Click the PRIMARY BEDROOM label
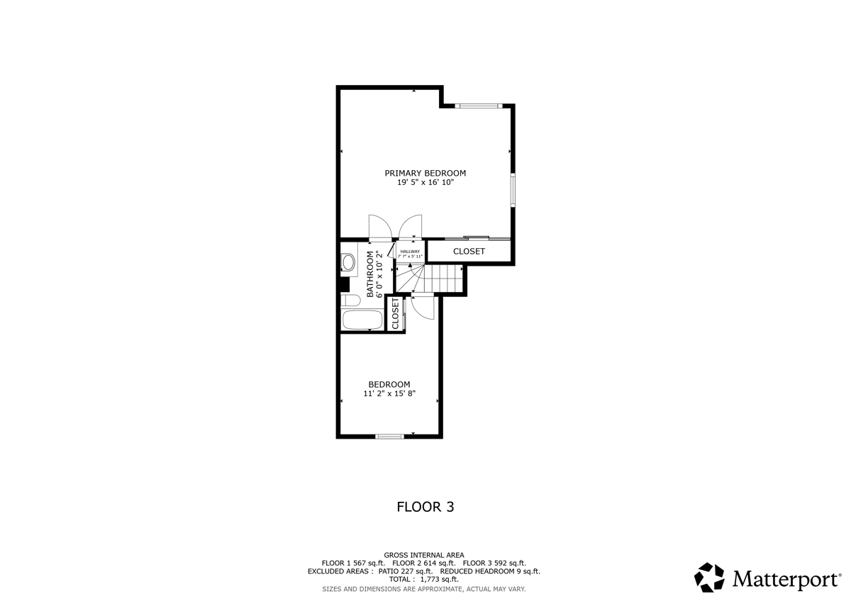pyautogui.click(x=425, y=173)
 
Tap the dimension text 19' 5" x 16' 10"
pyautogui.click(x=425, y=182)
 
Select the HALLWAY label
pyautogui.click(x=410, y=252)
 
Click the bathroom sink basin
pyautogui.click(x=348, y=263)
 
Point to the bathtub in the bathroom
pyautogui.click(x=362, y=319)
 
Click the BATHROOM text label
pyautogui.click(x=370, y=274)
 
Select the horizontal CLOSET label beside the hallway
pyautogui.click(x=469, y=252)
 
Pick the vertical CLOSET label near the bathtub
pyautogui.click(x=395, y=314)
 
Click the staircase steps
pyautogui.click(x=440, y=278)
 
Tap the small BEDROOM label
pyautogui.click(x=389, y=384)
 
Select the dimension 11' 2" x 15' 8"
pyautogui.click(x=389, y=393)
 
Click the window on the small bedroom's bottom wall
pyautogui.click(x=389, y=436)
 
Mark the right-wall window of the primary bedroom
pyautogui.click(x=512, y=190)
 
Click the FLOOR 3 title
pyautogui.click(x=425, y=507)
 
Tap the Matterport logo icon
pyautogui.click(x=709, y=578)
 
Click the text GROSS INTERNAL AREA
pyautogui.click(x=424, y=555)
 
